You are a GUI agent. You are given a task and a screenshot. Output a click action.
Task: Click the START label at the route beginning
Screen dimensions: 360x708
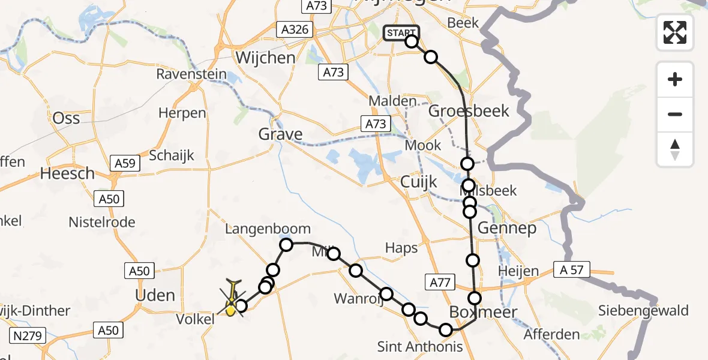401,33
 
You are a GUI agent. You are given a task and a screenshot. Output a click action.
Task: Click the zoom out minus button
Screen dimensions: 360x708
675,114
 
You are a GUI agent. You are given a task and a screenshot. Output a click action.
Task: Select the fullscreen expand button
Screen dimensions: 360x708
675,32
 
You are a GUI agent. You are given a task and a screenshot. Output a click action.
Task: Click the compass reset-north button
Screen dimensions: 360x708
675,149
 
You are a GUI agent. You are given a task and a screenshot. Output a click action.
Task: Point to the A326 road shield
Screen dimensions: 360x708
294,29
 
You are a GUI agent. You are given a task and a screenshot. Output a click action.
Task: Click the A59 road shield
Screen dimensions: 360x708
125,163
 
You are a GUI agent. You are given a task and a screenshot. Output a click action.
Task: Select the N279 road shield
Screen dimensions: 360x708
28,335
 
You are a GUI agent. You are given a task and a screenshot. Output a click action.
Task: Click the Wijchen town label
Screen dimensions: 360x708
266,58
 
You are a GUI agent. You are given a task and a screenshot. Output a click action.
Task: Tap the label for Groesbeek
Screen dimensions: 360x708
469,111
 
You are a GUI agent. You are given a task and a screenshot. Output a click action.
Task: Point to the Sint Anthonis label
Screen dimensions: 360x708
420,346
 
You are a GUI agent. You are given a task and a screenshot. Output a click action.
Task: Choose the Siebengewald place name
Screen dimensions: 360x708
643,311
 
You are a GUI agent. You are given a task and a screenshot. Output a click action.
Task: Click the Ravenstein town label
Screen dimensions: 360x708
191,74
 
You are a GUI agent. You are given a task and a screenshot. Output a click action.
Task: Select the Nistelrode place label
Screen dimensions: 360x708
102,222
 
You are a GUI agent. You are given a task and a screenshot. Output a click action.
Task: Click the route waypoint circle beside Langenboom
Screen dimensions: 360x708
286,244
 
